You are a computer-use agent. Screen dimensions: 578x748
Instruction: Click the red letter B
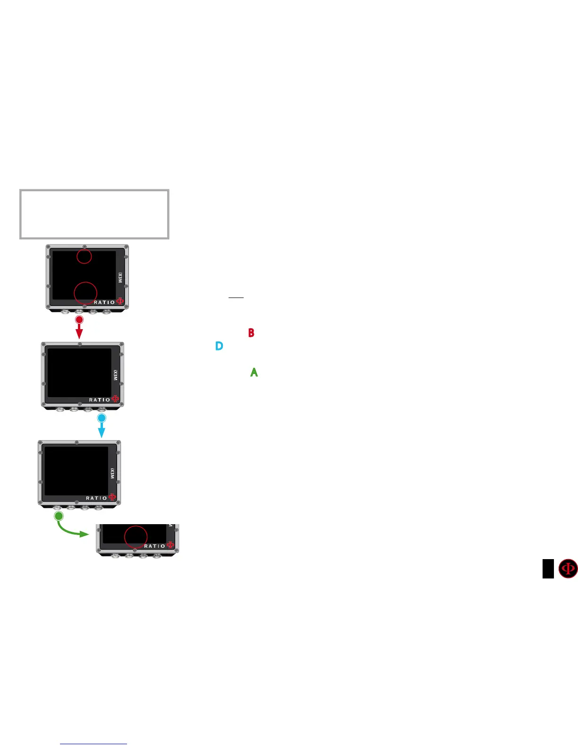[x=251, y=333]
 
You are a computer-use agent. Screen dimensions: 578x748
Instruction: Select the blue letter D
[x=219, y=346]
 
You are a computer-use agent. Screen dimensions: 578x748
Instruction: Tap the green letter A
[x=254, y=373]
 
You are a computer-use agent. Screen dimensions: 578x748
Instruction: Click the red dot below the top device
[x=79, y=320]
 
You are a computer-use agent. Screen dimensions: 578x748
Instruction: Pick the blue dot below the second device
[x=102, y=418]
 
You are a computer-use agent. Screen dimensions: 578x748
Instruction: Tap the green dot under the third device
[x=59, y=516]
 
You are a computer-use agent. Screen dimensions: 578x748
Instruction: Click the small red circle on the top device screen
[x=84, y=256]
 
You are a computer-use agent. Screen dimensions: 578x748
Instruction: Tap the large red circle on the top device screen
[x=85, y=293]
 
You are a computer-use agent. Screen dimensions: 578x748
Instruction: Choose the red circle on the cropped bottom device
[x=136, y=537]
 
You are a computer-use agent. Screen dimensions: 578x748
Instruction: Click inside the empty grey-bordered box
[x=94, y=214]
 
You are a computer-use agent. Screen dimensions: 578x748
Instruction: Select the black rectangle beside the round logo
[x=548, y=569]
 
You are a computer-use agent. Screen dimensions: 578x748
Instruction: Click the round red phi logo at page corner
[x=568, y=569]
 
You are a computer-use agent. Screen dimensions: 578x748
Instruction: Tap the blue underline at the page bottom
[x=93, y=744]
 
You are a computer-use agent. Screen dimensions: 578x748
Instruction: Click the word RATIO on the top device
[x=104, y=302]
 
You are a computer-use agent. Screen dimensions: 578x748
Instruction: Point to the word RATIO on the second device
[x=100, y=400]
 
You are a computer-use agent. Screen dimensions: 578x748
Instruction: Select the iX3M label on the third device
[x=112, y=473]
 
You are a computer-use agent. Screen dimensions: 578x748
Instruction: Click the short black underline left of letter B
[x=236, y=298]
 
